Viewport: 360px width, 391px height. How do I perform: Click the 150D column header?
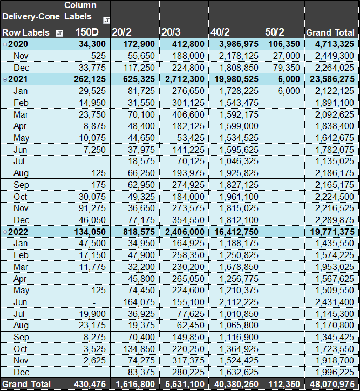pyautogui.click(x=87, y=32)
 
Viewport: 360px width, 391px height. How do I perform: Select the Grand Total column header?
pyautogui.click(x=330, y=32)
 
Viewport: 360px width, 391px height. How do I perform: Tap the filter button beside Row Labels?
pyautogui.click(x=59, y=33)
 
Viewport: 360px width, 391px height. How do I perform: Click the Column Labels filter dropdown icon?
pyautogui.click(x=106, y=21)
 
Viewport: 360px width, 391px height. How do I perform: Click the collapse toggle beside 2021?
pyautogui.click(x=5, y=79)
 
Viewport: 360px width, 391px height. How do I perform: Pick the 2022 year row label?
pyautogui.click(x=18, y=232)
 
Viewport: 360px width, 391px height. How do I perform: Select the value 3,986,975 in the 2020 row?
pyautogui.click(x=239, y=44)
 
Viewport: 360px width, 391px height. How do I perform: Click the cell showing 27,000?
pyautogui.click(x=286, y=56)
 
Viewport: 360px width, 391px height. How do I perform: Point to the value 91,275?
pyautogui.click(x=92, y=208)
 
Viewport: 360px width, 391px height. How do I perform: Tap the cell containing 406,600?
pyautogui.click(x=188, y=114)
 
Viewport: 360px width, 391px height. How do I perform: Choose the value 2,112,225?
pyautogui.click(x=239, y=302)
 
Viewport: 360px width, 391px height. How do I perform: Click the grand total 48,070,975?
pyautogui.click(x=332, y=385)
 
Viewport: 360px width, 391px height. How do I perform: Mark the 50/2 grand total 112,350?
pyautogui.click(x=284, y=385)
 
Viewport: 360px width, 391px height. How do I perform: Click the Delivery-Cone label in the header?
pyautogui.click(x=31, y=16)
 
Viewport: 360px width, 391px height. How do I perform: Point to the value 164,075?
pyautogui.click(x=139, y=302)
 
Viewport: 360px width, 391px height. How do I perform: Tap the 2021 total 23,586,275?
pyautogui.click(x=332, y=79)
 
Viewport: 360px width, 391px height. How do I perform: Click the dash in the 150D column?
pyautogui.click(x=94, y=302)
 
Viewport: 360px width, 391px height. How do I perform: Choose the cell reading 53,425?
pyautogui.click(x=191, y=138)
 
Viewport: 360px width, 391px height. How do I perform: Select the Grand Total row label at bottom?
pyautogui.click(x=26, y=385)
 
